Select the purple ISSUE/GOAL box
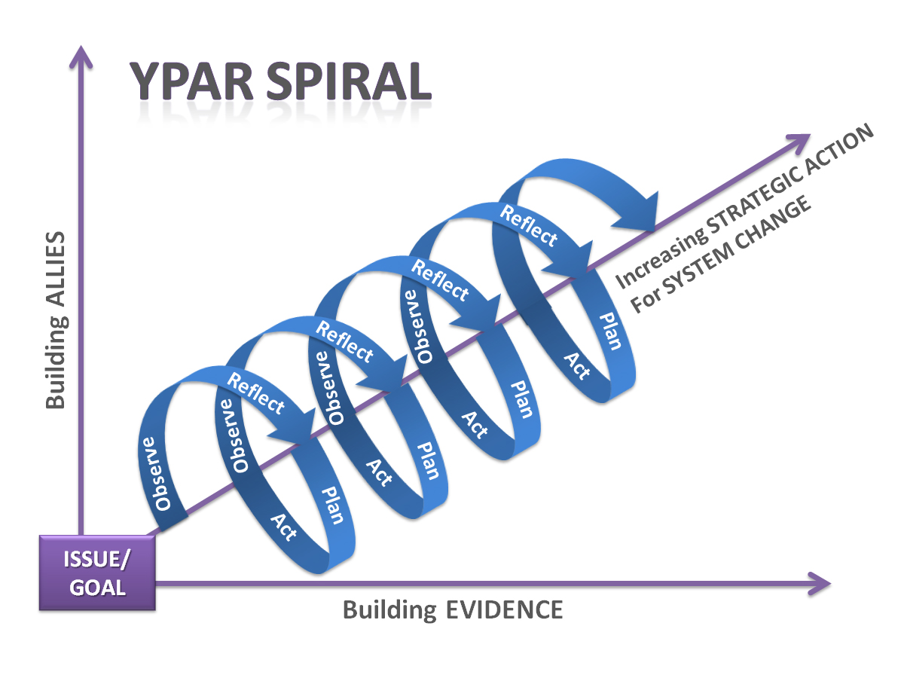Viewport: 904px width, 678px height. point(97,573)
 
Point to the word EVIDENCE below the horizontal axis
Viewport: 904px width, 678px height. point(502,609)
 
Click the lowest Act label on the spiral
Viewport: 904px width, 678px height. point(284,527)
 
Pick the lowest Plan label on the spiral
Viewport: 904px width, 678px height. point(332,505)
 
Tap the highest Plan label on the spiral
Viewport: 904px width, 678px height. point(609,331)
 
